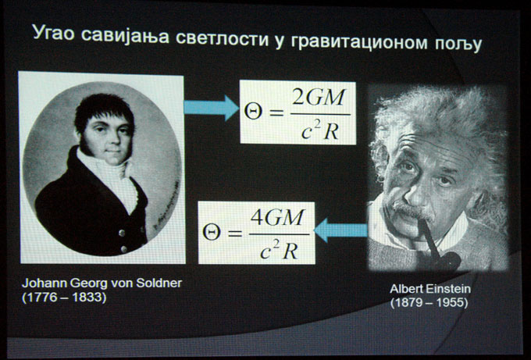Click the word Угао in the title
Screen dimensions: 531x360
point(53,34)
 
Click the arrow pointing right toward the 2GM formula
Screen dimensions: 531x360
point(212,108)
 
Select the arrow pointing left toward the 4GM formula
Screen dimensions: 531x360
point(340,230)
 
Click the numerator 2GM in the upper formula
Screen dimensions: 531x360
point(319,98)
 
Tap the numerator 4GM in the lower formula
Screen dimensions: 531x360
point(277,217)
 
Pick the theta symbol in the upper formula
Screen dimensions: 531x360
point(253,112)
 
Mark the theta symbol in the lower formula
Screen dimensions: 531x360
point(212,233)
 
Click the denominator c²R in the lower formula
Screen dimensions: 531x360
point(280,251)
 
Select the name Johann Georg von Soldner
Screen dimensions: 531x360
point(102,283)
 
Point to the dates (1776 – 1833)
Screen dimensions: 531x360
point(64,298)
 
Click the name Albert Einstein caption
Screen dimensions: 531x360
point(430,289)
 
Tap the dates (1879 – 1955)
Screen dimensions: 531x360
point(429,302)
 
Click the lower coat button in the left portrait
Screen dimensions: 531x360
point(125,249)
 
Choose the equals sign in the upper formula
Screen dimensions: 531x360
point(276,113)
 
